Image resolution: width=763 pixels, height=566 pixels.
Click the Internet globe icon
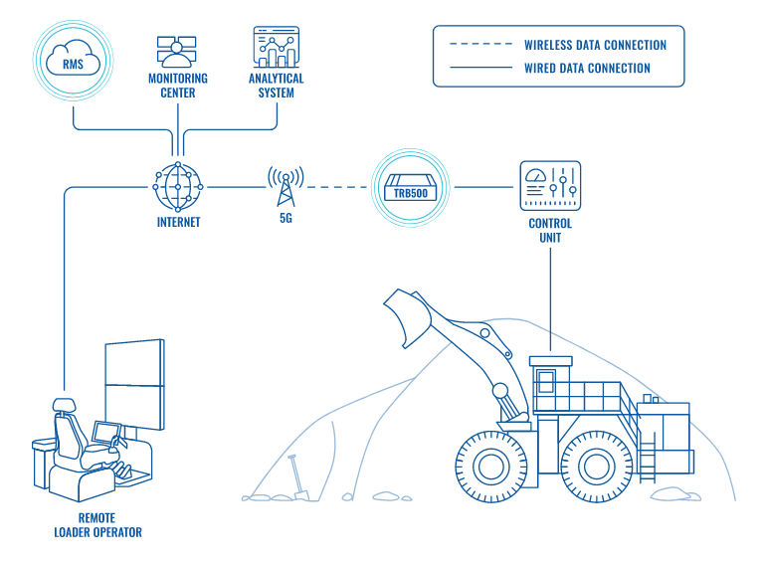(x=178, y=186)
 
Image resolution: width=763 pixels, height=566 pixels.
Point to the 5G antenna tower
(x=286, y=186)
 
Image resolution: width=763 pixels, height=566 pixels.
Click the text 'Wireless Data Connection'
(x=595, y=45)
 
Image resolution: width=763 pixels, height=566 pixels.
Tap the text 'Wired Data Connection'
(x=587, y=69)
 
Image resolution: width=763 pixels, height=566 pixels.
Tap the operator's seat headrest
(x=64, y=406)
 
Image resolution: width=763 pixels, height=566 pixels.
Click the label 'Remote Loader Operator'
(x=97, y=525)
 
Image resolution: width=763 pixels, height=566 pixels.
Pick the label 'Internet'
(x=178, y=223)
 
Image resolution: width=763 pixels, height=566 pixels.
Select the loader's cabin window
(x=546, y=381)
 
